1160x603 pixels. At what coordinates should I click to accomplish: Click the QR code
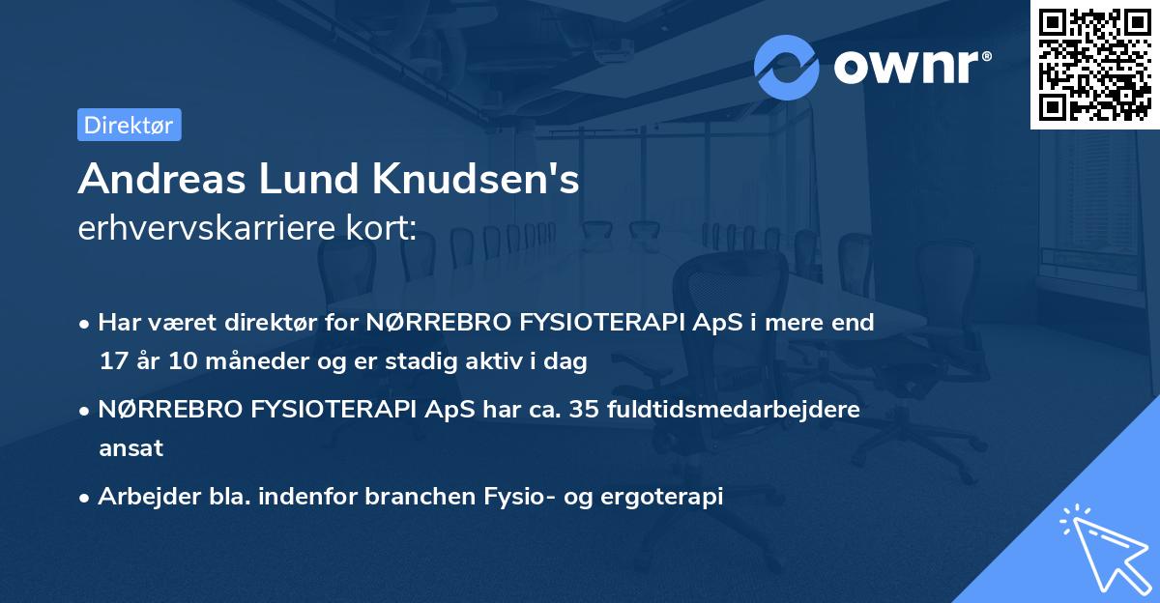pos(1095,64)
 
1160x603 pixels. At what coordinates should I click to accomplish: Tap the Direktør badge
pos(129,125)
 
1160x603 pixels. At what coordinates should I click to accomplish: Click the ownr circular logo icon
pos(787,67)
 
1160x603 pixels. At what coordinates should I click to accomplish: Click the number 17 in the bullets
pos(114,361)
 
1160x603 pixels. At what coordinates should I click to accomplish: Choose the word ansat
pos(130,448)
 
